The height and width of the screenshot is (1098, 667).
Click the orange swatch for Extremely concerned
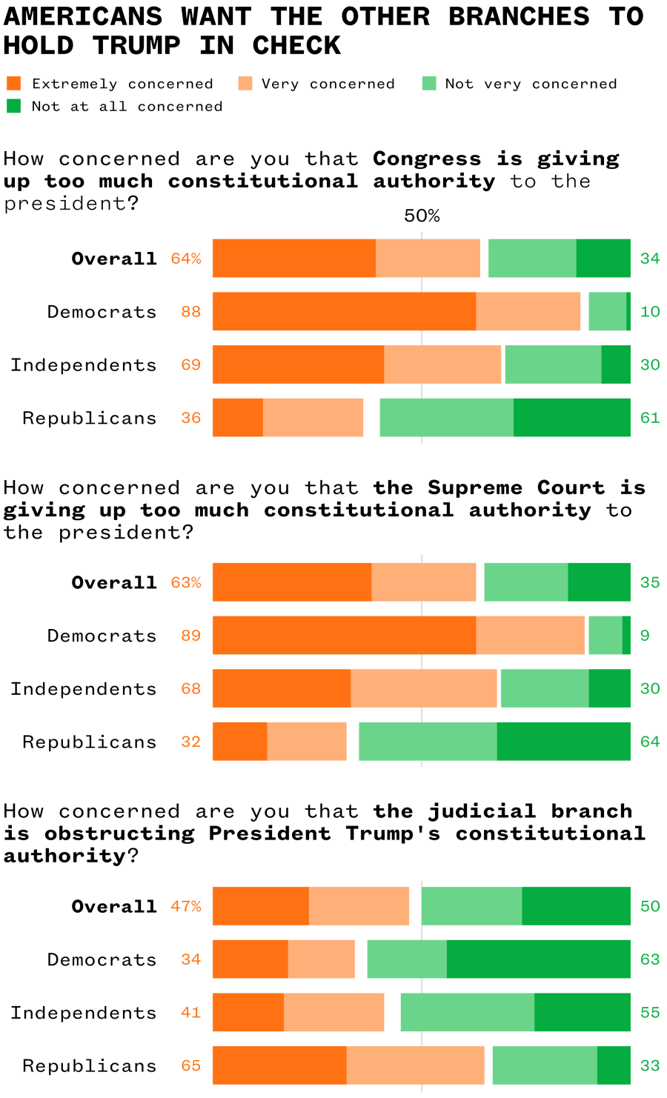13,83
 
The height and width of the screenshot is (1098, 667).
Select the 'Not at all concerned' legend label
127,107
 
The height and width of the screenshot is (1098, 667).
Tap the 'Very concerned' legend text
328,84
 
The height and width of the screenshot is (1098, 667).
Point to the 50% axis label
422,216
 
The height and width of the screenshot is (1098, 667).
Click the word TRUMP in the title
136,46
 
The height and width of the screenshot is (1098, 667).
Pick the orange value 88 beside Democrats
190,312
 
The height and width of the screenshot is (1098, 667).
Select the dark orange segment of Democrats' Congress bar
344,311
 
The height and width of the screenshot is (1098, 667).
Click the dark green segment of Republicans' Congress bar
571,418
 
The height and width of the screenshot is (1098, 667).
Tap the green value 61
650,418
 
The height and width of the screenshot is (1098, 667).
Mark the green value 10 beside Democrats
650,312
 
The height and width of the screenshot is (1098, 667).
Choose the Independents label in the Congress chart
84,365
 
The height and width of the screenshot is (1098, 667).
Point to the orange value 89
190,636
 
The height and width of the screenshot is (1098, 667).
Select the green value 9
645,636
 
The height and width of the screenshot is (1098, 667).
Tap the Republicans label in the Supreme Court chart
90,742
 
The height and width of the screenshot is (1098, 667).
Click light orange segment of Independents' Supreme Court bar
423,688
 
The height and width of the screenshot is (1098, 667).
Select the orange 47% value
186,906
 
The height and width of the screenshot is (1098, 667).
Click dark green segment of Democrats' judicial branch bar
538,959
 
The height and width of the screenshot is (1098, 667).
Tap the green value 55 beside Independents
650,1013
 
